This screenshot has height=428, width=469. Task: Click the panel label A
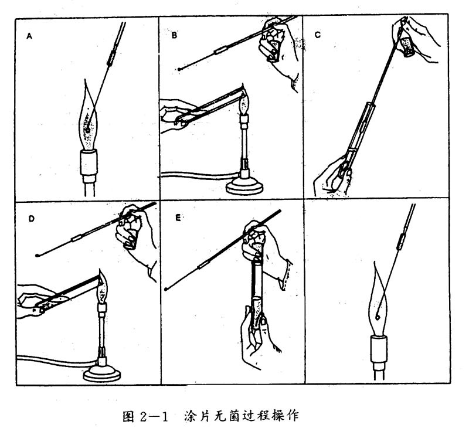coord(29,36)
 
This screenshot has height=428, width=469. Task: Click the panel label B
coord(174,35)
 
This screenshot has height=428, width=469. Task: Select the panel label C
coord(318,35)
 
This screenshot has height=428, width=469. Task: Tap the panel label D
coord(32,219)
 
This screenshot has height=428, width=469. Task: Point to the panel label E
coord(178,218)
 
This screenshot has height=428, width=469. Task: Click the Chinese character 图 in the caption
coord(128,416)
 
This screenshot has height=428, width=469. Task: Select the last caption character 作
coord(293,416)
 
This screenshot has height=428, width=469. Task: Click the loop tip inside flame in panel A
coord(87,130)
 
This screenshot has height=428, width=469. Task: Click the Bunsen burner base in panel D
coord(102,373)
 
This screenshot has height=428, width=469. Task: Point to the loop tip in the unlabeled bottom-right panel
coord(378,316)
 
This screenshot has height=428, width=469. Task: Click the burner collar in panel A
coord(89,163)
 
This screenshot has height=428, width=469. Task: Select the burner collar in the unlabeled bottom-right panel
coord(379,349)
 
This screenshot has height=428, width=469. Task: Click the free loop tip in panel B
coord(179,69)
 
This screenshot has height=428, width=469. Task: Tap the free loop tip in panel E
coord(166,289)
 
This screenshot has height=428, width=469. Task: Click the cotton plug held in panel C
coord(407,46)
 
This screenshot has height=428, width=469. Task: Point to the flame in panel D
coord(102,288)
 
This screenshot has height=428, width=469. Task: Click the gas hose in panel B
coord(200,175)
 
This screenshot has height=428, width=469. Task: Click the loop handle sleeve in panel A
coord(111,58)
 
